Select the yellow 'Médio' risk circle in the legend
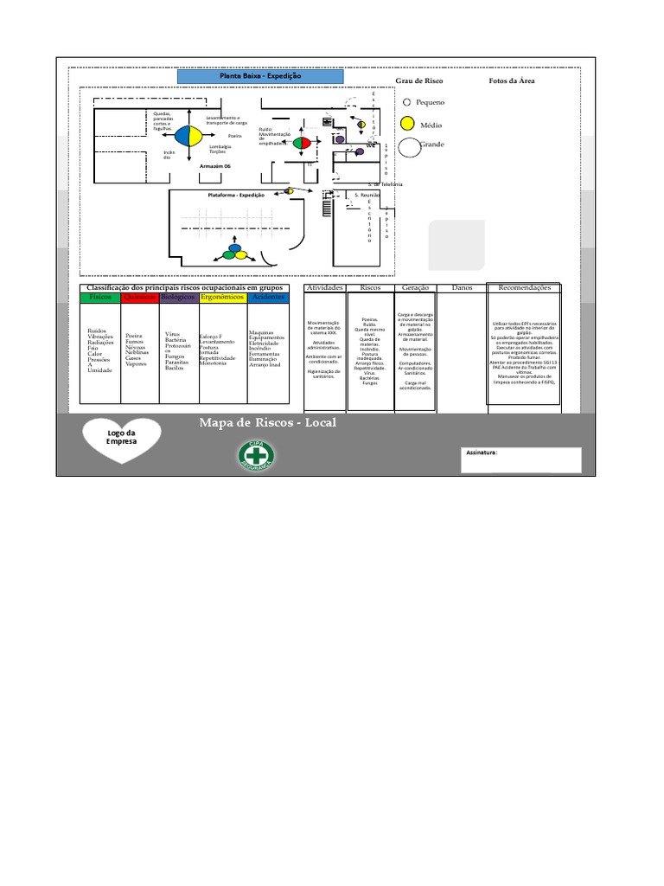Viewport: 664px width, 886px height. click(x=407, y=125)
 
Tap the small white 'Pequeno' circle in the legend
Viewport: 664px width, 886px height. click(x=407, y=102)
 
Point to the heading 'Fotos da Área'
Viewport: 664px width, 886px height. click(x=512, y=81)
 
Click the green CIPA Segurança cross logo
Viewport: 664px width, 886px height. click(x=256, y=455)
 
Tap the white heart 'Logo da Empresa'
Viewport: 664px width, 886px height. click(x=121, y=436)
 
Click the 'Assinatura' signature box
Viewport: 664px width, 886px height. click(x=520, y=459)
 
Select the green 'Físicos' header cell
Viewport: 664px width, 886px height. click(x=100, y=297)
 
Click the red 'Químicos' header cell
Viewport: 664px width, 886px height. click(x=139, y=297)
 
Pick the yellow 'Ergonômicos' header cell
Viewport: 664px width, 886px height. click(x=223, y=297)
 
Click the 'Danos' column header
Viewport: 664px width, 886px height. click(x=462, y=287)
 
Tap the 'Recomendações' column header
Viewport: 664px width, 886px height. click(x=524, y=287)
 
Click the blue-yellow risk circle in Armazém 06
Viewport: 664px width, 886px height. click(x=188, y=137)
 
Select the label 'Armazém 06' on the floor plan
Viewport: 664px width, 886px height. click(x=215, y=165)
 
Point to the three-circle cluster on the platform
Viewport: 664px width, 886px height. click(x=233, y=253)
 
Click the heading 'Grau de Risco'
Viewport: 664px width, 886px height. click(x=419, y=81)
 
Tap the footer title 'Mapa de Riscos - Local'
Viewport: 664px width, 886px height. click(x=267, y=423)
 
